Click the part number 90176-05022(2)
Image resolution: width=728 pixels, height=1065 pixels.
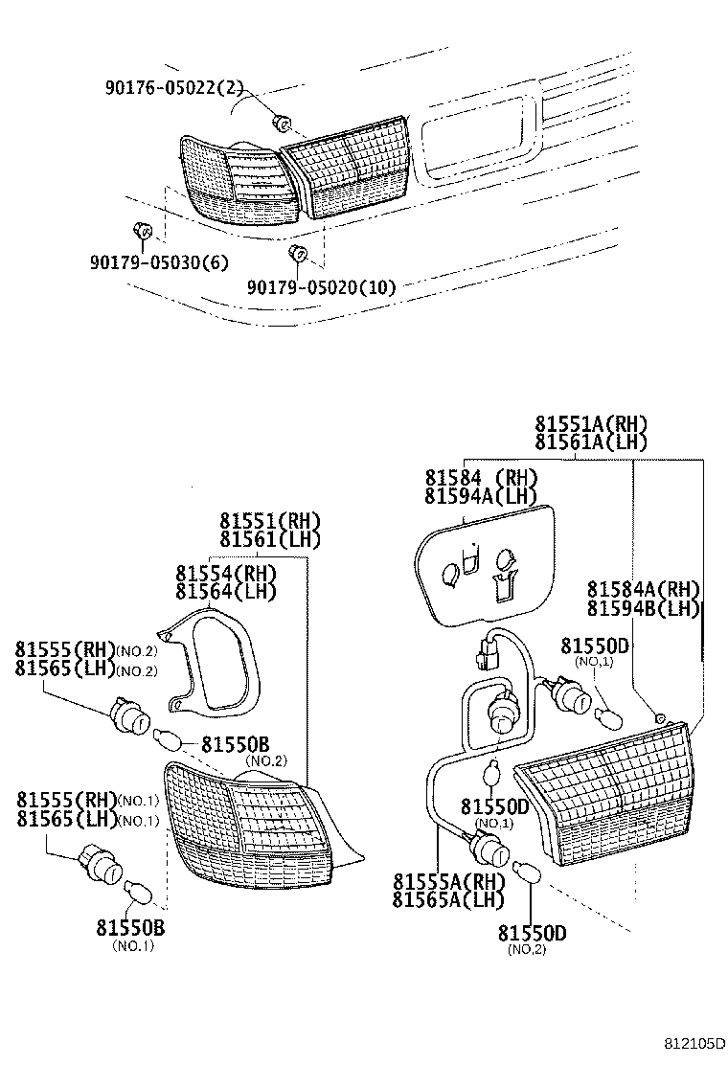pos(173,89)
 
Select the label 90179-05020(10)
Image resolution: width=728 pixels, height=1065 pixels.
pos(321,286)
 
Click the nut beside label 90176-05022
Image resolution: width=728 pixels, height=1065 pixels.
pos(281,122)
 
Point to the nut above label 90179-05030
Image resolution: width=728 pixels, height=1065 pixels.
pos(142,231)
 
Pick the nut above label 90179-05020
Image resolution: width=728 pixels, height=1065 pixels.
pos(297,254)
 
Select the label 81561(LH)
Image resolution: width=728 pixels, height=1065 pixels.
pos(269,539)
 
